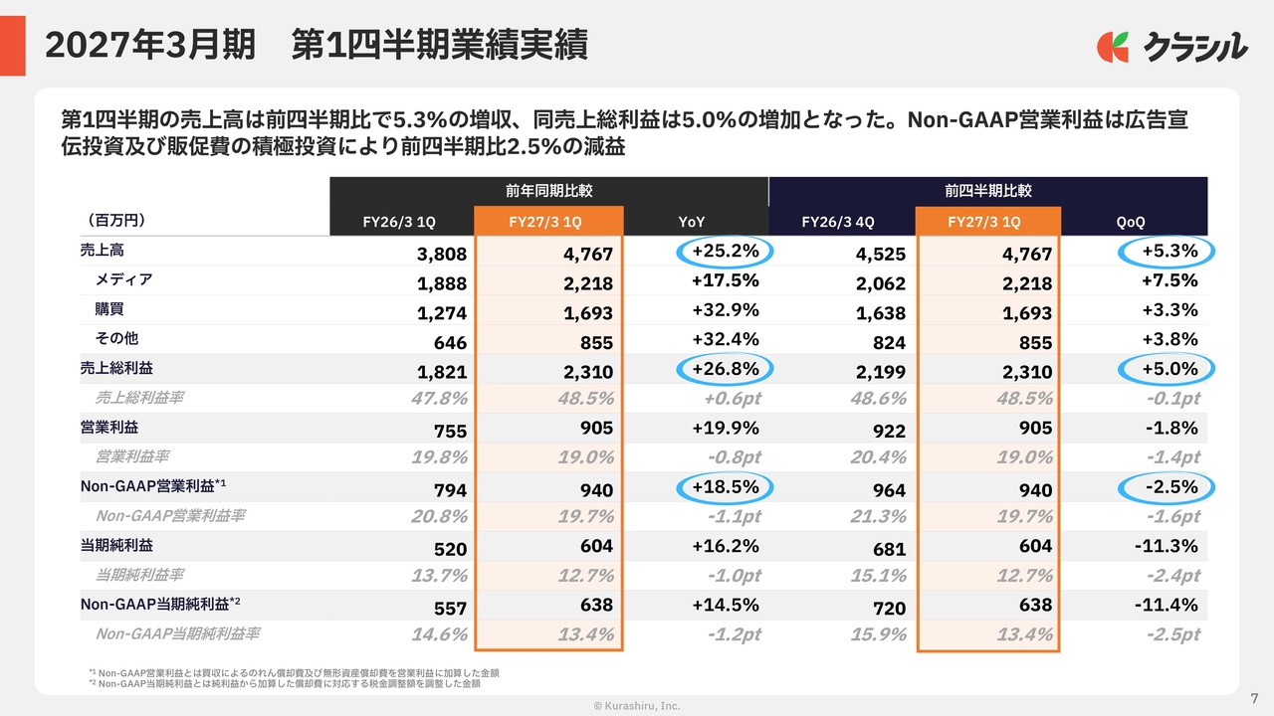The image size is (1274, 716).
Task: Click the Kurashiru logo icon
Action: [x=1113, y=47]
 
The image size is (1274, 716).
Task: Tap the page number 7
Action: [x=1254, y=698]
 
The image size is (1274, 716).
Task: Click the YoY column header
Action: [x=691, y=222]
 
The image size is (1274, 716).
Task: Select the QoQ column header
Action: [x=1130, y=222]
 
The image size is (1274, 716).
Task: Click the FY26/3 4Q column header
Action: [x=838, y=222]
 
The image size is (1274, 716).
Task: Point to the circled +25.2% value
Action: [x=726, y=252]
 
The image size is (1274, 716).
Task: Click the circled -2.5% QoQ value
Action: [x=1167, y=487]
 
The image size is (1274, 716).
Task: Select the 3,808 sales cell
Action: [x=441, y=254]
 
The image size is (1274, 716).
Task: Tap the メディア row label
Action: [x=123, y=279]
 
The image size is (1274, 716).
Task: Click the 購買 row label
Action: [x=109, y=309]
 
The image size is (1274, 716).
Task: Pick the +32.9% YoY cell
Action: [x=726, y=310]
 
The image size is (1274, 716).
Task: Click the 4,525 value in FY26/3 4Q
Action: [x=881, y=254]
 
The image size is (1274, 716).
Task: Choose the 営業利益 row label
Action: [x=109, y=428]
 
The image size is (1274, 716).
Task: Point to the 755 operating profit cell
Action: [x=450, y=432]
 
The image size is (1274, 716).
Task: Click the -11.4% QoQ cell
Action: [x=1166, y=605]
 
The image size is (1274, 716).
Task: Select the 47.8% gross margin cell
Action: [x=439, y=399]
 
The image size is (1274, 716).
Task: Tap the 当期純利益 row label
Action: [x=116, y=546]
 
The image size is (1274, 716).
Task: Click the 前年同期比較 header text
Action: [x=548, y=190]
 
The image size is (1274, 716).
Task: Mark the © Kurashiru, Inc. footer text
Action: [x=637, y=706]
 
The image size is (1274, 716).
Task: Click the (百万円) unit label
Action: [x=116, y=221]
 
